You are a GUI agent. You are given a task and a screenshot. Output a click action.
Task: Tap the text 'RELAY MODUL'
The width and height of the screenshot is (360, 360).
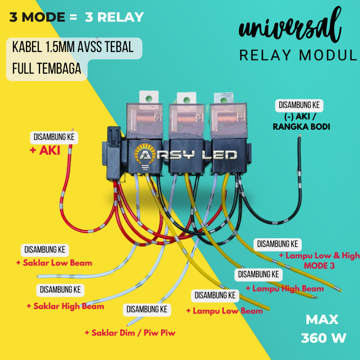(x=298, y=55)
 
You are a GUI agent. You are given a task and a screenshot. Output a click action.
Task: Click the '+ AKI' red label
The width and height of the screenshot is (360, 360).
(x=45, y=151)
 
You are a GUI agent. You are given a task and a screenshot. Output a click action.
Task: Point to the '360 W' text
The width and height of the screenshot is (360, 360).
(x=323, y=338)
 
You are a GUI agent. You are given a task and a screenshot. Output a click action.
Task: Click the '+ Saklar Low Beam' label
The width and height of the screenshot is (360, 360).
(x=54, y=263)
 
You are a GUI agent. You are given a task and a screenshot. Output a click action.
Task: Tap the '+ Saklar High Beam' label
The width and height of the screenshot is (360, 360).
(x=65, y=306)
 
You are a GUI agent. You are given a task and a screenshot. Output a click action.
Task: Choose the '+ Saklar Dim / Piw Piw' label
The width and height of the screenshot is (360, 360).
(x=130, y=333)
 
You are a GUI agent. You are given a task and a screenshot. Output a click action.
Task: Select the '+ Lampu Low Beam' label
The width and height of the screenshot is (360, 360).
(x=224, y=311)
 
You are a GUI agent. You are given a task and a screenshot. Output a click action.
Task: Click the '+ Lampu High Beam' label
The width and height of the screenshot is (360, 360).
(x=284, y=289)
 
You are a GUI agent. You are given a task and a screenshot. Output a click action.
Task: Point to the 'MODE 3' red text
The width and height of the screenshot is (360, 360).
(x=319, y=265)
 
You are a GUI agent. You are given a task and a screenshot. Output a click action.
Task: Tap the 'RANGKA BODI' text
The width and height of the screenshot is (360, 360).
(x=301, y=127)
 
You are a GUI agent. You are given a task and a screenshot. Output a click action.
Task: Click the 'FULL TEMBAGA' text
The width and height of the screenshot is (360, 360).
(x=46, y=69)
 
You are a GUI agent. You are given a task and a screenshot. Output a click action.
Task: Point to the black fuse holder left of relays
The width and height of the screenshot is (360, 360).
(x=113, y=155)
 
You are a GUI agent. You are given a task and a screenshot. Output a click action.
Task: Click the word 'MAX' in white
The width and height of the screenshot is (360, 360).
(x=322, y=320)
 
